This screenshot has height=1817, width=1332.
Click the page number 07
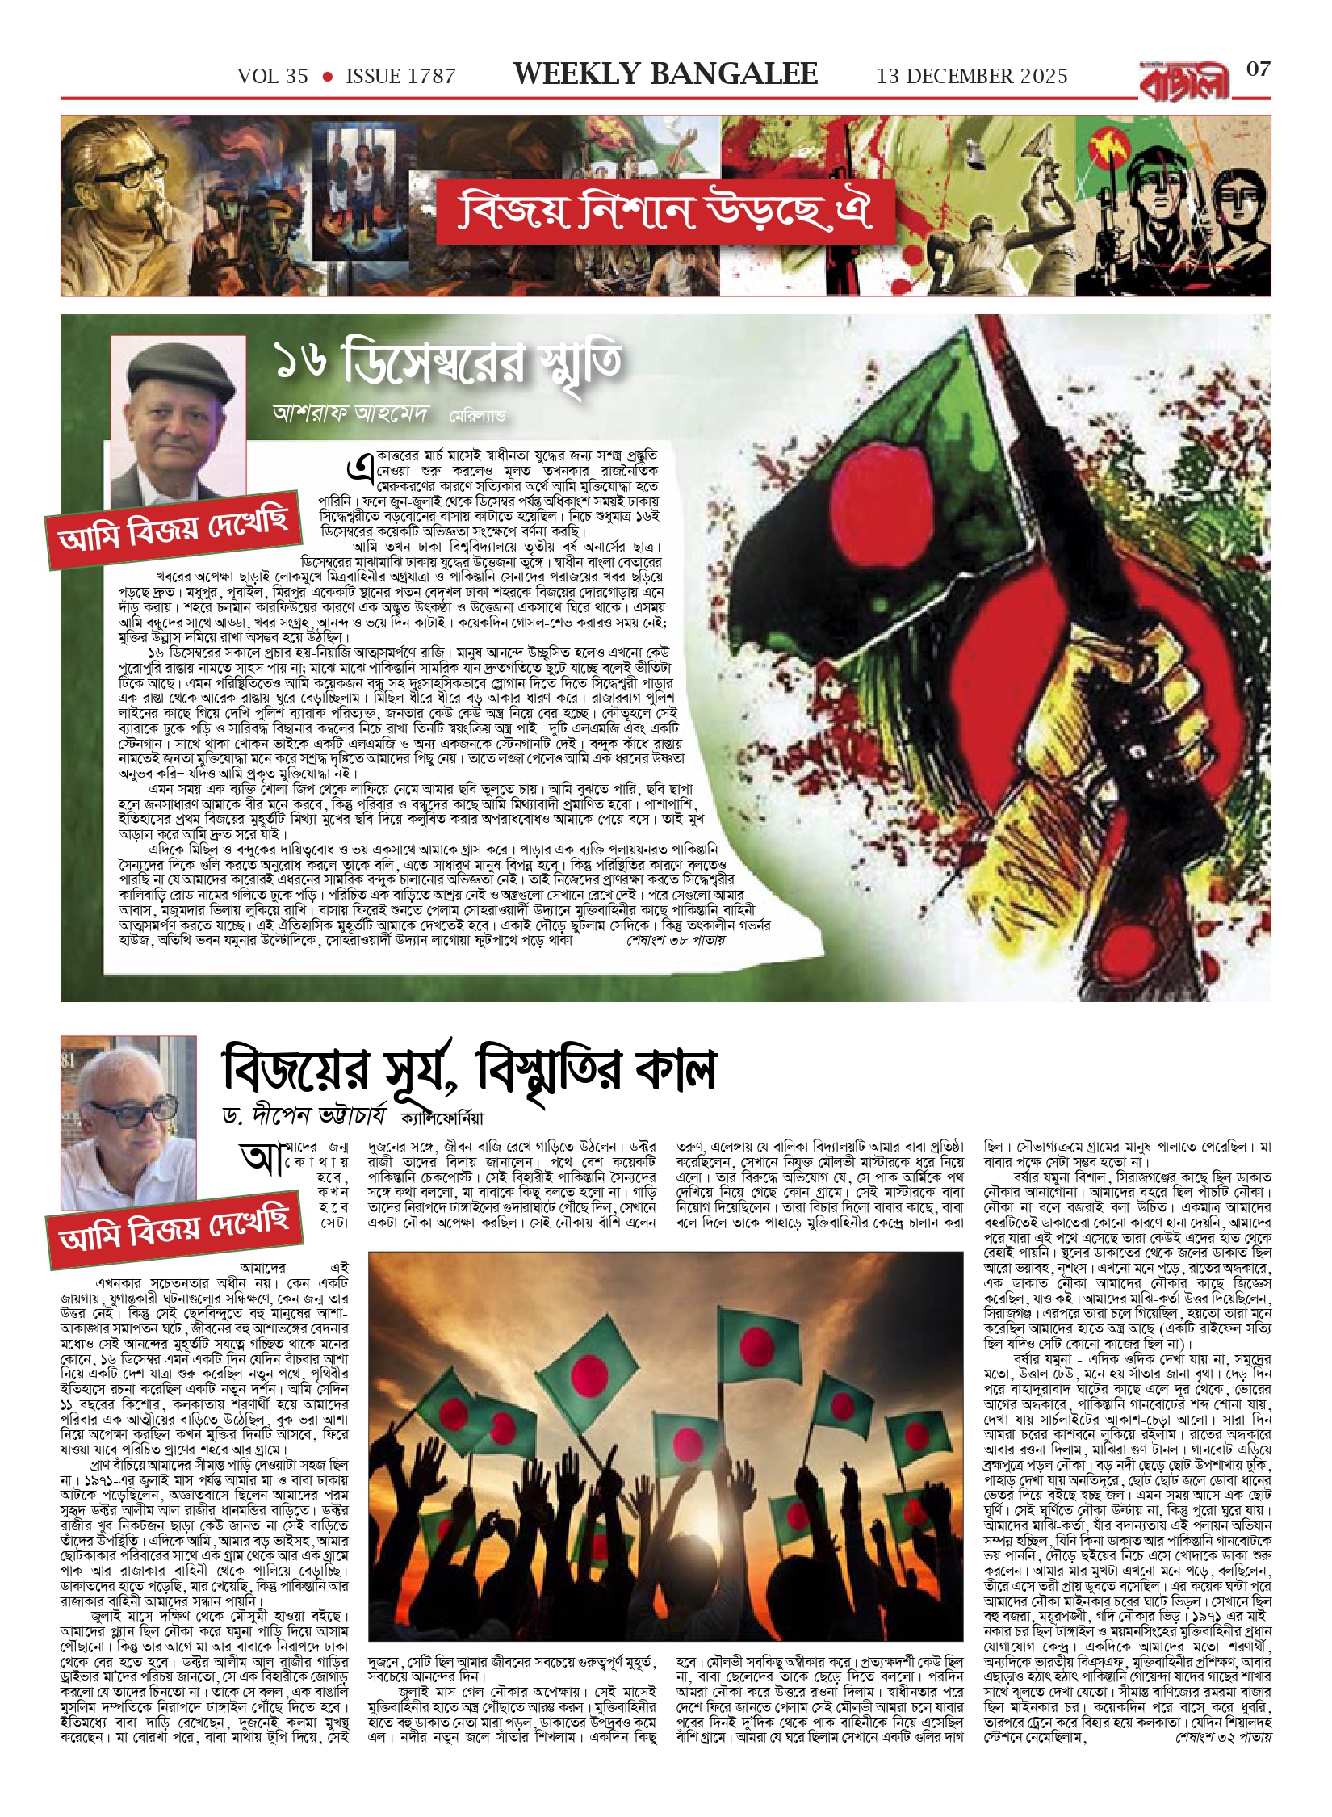1258,69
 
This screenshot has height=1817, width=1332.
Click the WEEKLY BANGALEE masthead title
665,75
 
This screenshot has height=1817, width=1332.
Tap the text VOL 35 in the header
273,77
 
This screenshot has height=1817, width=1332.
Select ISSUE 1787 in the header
400,77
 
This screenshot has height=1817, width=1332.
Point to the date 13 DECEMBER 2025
972,77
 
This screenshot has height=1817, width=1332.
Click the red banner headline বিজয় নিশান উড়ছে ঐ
665,211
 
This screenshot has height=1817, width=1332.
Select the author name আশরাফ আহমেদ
350,413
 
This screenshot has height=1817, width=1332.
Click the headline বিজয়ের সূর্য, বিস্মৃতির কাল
468,1068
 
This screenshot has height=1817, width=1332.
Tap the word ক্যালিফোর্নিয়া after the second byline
442,1118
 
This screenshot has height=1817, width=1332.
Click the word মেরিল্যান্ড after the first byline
478,417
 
